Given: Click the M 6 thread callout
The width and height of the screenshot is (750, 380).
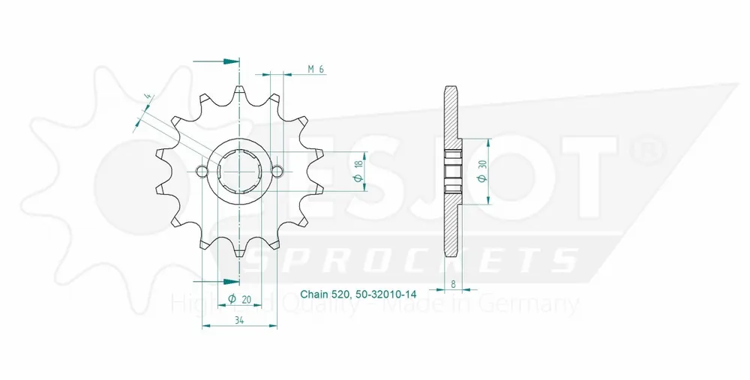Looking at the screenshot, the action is click(x=316, y=69).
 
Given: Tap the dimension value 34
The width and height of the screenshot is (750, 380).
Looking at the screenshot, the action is click(x=240, y=320).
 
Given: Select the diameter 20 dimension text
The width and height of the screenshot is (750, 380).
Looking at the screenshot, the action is click(x=240, y=299).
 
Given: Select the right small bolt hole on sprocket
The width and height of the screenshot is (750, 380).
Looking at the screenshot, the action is click(x=277, y=171).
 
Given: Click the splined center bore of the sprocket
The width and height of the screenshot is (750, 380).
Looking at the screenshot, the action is click(x=239, y=171).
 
